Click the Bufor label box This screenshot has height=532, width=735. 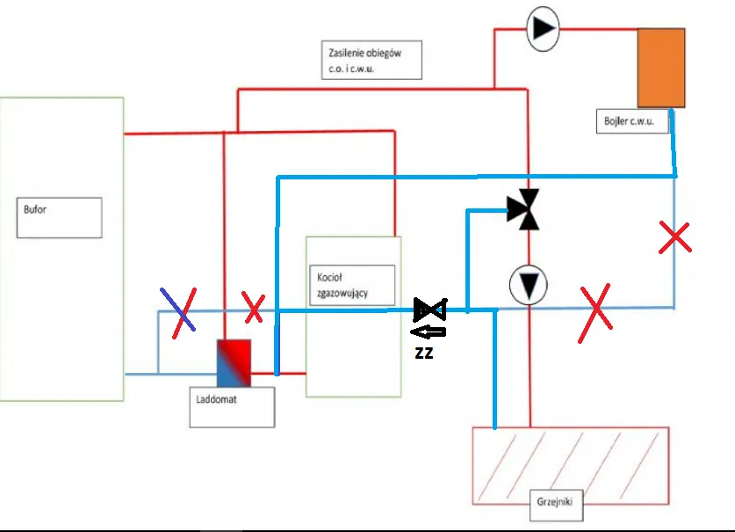point(59,217)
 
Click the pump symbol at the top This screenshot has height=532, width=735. point(543,28)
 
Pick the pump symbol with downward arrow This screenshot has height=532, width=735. point(529,286)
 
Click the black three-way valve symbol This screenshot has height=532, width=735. point(528,209)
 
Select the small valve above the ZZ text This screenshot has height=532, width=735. point(429,310)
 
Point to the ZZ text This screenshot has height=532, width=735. point(425,353)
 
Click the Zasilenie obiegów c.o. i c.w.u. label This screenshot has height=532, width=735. point(370,60)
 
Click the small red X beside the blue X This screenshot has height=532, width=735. point(253,309)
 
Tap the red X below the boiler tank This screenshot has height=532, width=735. point(674,237)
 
